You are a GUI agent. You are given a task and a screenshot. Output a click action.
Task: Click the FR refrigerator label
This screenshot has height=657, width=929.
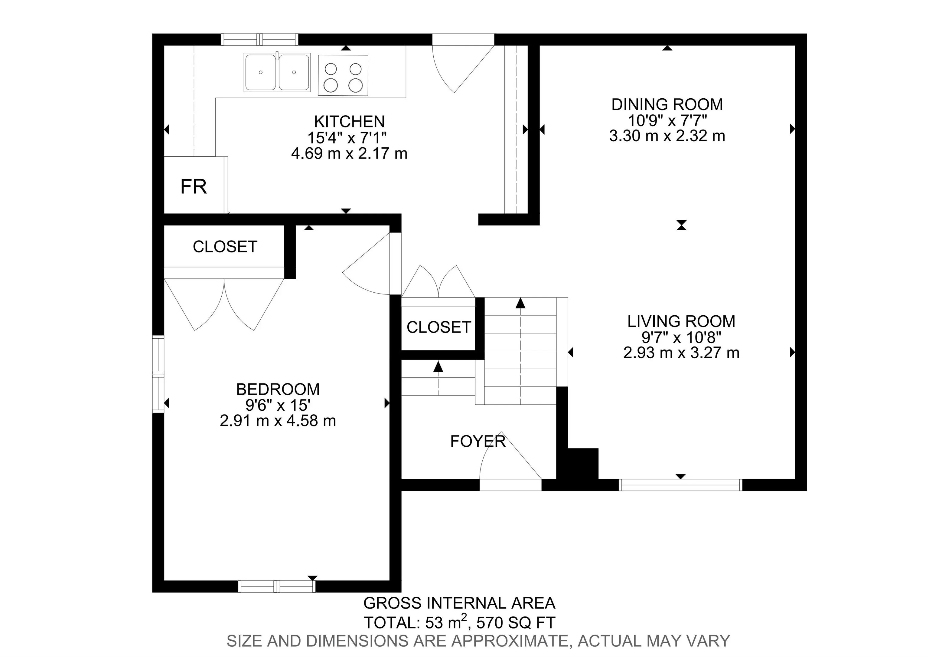[x=194, y=187]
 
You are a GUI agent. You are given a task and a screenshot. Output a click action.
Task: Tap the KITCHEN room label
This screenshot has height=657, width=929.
[x=349, y=121]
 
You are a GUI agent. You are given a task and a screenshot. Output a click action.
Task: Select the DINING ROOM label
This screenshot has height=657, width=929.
[x=667, y=104]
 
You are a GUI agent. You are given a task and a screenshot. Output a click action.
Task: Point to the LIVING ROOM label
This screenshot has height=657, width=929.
[x=681, y=321]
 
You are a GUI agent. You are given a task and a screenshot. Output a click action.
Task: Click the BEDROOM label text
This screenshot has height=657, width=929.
[x=278, y=389]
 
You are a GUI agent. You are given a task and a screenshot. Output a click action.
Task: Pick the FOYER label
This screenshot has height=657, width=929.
[x=478, y=441]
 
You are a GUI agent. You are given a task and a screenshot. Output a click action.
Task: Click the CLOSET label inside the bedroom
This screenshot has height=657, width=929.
[x=225, y=247]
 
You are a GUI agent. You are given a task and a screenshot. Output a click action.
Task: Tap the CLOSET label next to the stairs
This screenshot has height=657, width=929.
[x=438, y=327]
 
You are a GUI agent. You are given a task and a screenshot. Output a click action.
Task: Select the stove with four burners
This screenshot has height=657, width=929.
[x=343, y=75]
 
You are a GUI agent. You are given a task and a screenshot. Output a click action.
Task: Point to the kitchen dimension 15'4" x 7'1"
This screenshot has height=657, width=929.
[x=347, y=138]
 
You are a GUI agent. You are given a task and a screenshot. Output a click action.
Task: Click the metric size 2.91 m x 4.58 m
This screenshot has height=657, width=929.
[x=278, y=421]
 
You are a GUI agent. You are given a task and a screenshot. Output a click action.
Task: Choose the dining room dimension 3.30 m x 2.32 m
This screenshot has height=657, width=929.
[x=667, y=136]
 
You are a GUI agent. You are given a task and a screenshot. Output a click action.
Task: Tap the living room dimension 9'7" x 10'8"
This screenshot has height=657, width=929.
[x=681, y=337]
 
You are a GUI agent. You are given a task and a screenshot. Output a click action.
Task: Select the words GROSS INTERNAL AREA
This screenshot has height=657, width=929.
[x=459, y=603]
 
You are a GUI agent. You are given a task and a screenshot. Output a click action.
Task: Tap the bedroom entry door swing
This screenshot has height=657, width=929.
[x=366, y=263]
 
